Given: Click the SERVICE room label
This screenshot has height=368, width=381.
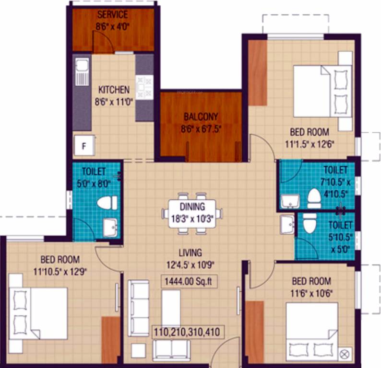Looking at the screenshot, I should tap(112, 14).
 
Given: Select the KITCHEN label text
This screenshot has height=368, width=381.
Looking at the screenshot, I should tap(114, 90).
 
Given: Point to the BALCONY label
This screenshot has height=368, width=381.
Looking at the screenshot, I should tap(201, 116).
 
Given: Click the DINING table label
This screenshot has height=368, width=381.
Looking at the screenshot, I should tap(192, 207).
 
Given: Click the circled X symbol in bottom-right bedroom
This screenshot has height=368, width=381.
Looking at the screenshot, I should tap(344, 355).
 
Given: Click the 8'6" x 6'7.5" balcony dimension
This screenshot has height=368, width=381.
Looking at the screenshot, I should tap(201, 128).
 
